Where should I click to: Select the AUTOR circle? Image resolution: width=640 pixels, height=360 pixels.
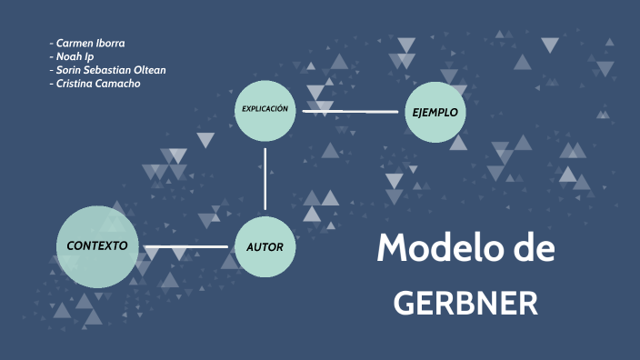pos(265,246)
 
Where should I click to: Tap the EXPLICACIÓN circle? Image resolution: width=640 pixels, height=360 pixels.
pos(265,110)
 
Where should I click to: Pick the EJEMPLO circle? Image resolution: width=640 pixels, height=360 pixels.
pos(435,112)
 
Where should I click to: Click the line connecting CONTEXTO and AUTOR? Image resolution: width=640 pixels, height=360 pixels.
pos(186,246)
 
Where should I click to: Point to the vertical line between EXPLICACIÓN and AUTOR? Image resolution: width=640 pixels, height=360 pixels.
pos(265,178)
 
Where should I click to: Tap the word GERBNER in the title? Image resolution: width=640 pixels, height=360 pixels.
pos(465,304)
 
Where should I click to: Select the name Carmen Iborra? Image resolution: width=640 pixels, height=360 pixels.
pos(90,43)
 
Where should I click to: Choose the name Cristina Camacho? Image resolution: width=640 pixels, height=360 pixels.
pos(98,84)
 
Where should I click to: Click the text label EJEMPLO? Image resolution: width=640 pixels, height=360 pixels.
pos(435,113)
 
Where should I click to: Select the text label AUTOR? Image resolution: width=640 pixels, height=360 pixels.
pos(265,247)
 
